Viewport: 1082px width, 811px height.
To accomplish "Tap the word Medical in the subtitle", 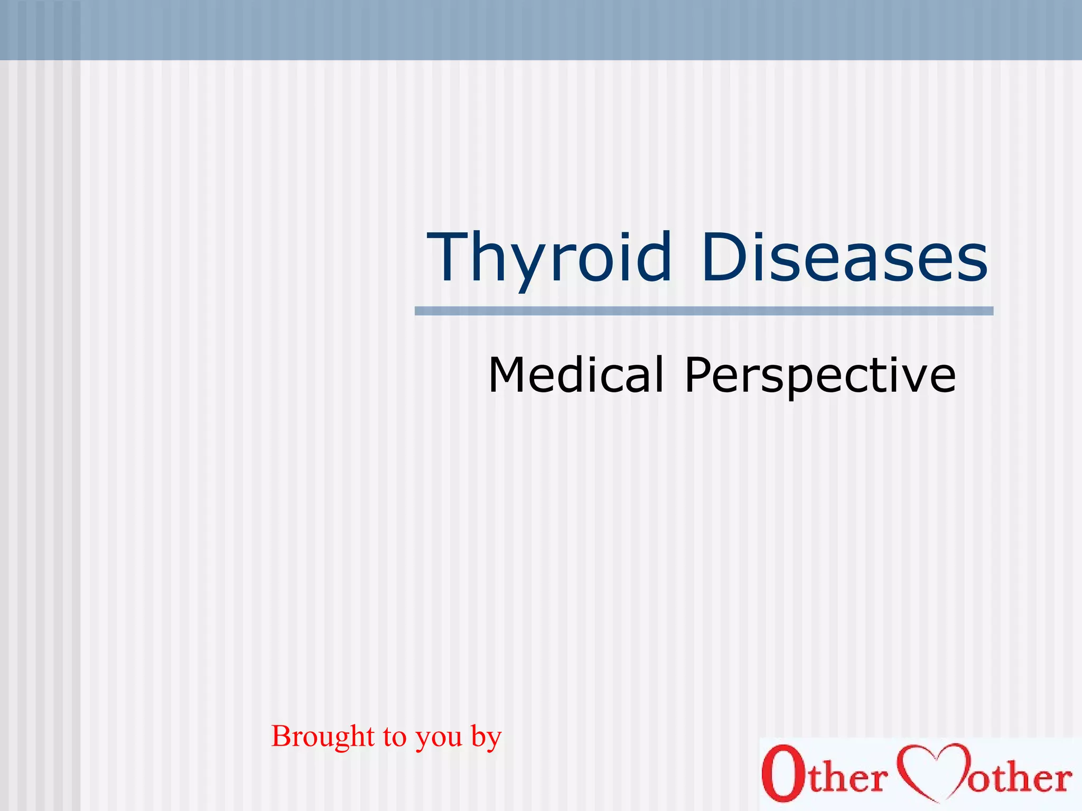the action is coord(576,374).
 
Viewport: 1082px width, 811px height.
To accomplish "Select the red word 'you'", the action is coord(439,741).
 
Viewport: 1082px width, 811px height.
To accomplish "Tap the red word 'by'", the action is coord(486,738).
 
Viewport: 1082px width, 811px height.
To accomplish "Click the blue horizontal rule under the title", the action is coord(704,311).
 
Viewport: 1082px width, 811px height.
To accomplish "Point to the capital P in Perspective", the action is coord(699,374).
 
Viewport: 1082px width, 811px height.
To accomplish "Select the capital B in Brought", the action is coord(282,736).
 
